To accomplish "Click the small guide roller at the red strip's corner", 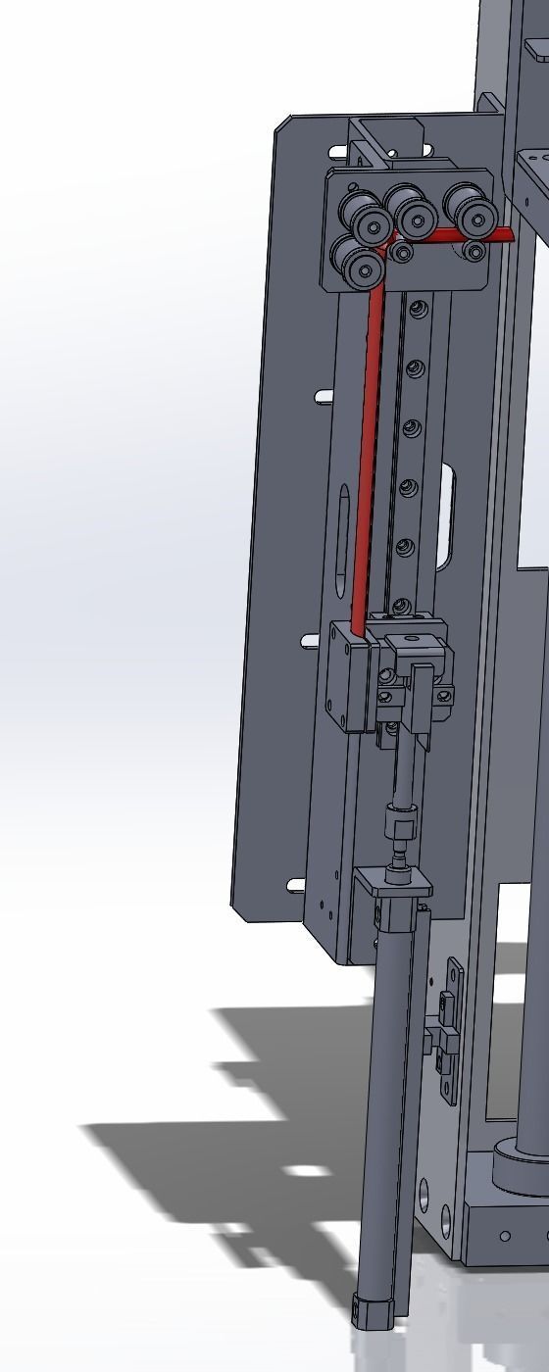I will (402, 253).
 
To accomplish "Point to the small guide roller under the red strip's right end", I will (475, 251).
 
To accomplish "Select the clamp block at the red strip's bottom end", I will (349, 676).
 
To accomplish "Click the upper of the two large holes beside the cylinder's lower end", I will (424, 1194).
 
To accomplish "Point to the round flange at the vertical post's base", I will (520, 1166).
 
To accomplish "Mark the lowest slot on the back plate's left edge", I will (296, 886).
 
